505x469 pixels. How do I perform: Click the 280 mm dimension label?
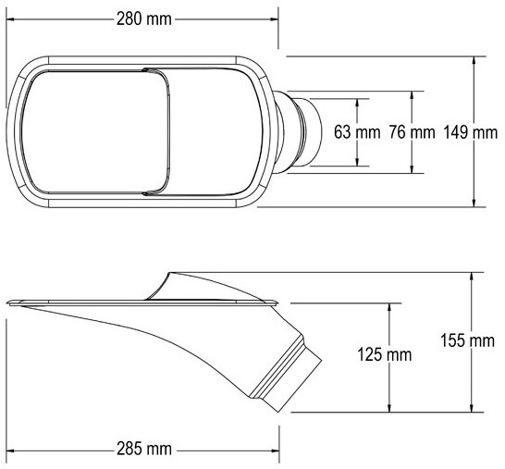(x=144, y=19)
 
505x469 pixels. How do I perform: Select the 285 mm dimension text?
(x=144, y=449)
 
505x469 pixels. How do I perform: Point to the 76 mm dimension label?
(x=412, y=132)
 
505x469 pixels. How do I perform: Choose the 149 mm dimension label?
(x=471, y=132)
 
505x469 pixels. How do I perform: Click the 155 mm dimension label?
(x=467, y=340)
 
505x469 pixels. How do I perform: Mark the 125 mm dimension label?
(x=385, y=354)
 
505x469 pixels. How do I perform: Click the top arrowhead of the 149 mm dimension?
(x=474, y=60)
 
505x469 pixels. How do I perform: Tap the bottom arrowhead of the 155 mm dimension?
(x=472, y=408)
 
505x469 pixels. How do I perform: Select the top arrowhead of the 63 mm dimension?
(x=357, y=103)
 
